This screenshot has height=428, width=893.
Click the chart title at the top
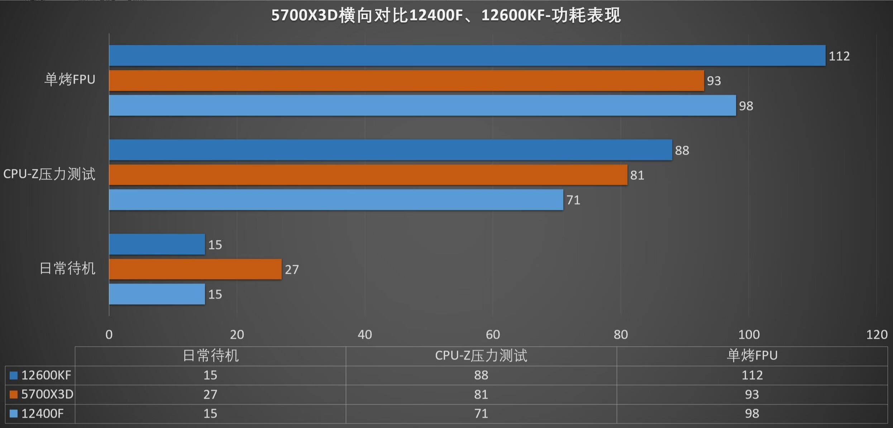point(446,15)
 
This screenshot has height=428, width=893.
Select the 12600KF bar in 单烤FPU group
point(467,56)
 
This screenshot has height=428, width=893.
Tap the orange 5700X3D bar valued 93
point(406,80)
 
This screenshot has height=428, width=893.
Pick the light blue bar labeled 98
point(422,105)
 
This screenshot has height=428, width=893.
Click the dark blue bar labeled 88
point(391,150)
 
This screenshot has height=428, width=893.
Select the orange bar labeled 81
point(368,175)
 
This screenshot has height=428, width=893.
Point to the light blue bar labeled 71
point(336,200)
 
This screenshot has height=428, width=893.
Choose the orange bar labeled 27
point(195,269)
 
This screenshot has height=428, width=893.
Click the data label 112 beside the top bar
point(839,56)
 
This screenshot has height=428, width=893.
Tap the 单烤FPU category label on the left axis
point(70,79)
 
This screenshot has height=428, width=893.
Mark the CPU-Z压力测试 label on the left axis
point(49,174)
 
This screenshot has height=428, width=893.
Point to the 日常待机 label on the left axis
point(67,269)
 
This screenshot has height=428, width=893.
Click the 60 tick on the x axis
point(493,335)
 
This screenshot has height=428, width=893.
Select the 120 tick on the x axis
point(877,335)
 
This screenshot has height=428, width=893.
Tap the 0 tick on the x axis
point(109,335)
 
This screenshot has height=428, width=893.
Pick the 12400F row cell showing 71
point(481,414)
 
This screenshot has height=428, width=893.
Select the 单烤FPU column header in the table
point(752,356)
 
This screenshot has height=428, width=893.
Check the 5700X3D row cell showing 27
point(210,394)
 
